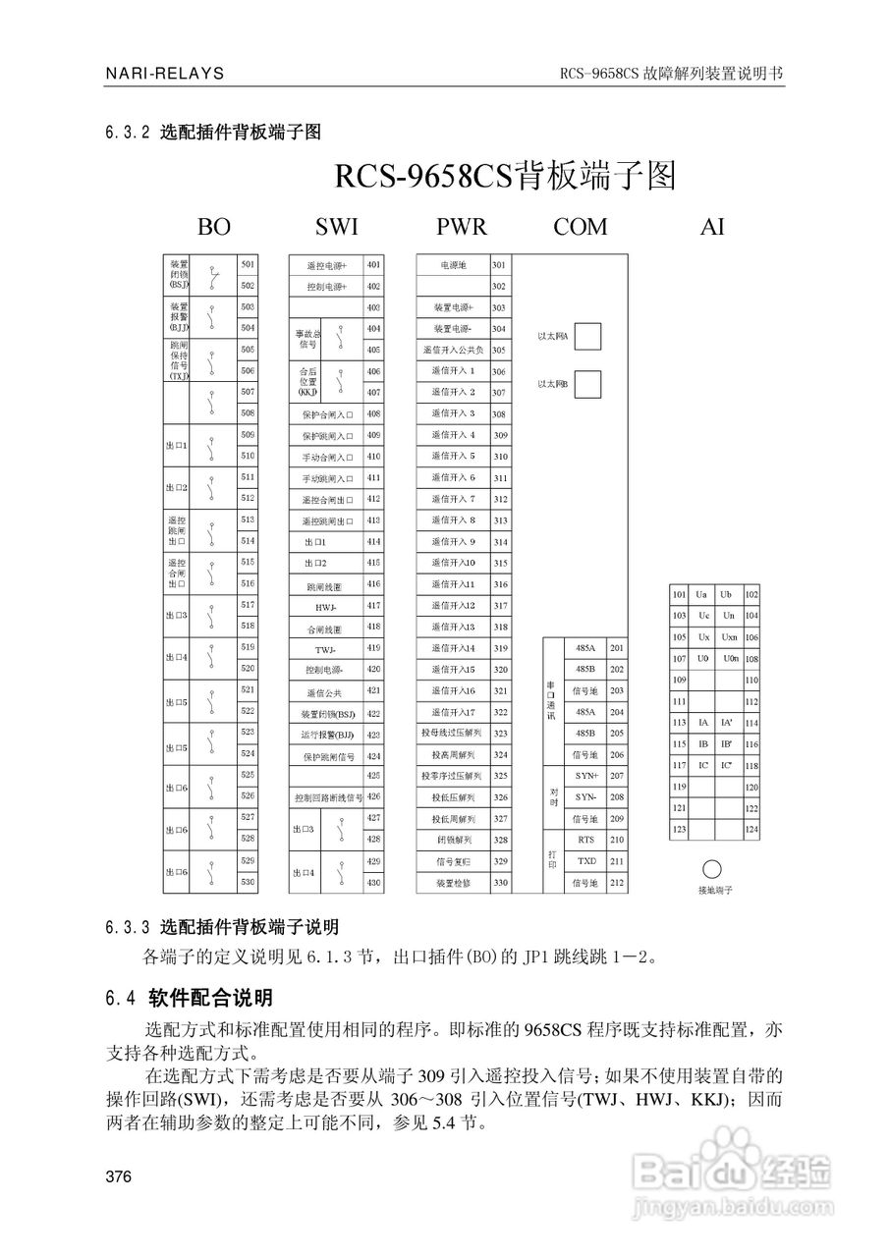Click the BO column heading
(213, 227)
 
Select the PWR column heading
(461, 227)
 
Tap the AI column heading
(712, 227)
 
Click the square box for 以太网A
(587, 336)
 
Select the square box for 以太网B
(587, 383)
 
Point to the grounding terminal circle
(712, 869)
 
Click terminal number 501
(248, 264)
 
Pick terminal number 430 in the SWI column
(373, 883)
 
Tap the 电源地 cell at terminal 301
(453, 265)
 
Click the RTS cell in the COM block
(586, 840)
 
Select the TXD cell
(586, 861)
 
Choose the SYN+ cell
(586, 776)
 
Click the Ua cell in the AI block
(701, 594)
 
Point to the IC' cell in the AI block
(727, 765)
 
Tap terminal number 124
(751, 830)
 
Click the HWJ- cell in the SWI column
(326, 606)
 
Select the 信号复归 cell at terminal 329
(453, 861)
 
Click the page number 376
(118, 1177)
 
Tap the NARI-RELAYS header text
(164, 74)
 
